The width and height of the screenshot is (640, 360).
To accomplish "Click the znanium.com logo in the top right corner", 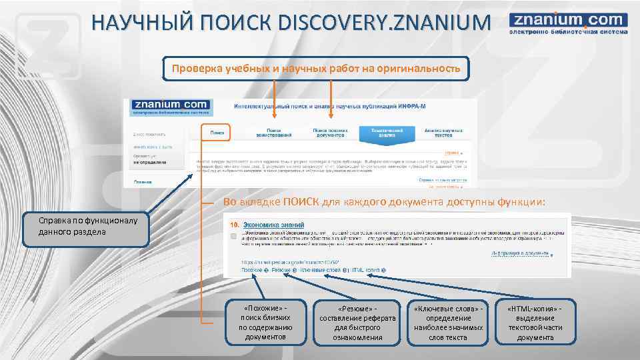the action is click(x=568, y=25).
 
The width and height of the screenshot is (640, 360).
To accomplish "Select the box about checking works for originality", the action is click(x=316, y=69).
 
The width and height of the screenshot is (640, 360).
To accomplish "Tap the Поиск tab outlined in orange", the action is click(x=217, y=133).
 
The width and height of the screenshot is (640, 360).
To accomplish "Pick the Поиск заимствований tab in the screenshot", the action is click(x=274, y=133).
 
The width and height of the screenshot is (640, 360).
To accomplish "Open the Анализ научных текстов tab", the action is click(x=443, y=133).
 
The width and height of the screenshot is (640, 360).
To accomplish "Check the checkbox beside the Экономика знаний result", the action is click(x=233, y=236).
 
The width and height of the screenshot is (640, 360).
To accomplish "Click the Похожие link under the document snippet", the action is click(x=252, y=270).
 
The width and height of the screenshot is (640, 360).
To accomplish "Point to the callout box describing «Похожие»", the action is click(x=266, y=323).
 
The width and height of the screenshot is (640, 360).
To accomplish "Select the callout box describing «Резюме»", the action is click(x=357, y=323).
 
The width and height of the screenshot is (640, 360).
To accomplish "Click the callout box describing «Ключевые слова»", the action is click(x=447, y=323).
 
